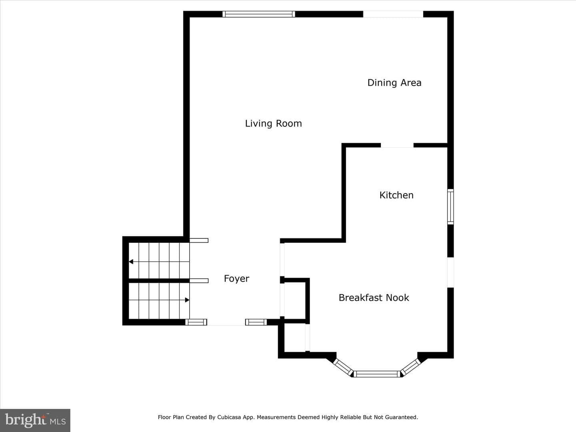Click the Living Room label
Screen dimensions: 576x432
274,124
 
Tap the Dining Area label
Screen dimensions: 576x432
394,83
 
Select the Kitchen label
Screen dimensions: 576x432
396,195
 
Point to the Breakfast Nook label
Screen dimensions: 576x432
374,298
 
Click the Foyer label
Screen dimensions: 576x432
236,278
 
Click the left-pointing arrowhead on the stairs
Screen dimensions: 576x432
131,262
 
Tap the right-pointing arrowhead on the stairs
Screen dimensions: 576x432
187,300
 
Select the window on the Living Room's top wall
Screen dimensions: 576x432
259,14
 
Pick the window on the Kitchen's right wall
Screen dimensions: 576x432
450,207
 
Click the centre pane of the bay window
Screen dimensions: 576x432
377,374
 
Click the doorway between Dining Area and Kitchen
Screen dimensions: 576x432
397,145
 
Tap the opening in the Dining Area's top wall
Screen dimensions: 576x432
393,14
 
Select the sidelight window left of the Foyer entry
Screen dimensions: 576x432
196,322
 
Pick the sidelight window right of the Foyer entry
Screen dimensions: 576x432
256,322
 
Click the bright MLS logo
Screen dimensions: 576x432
35,420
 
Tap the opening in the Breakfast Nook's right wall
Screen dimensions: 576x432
450,272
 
